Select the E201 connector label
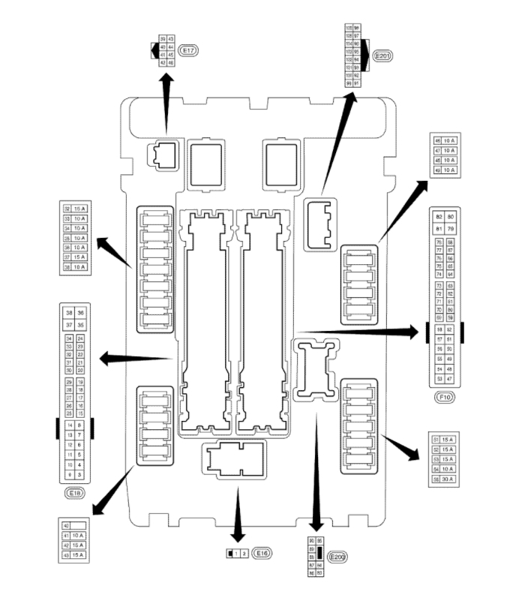[x=386, y=55]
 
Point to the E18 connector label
[x=74, y=493]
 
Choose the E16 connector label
[x=262, y=553]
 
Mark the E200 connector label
[x=337, y=557]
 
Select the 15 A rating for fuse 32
[x=80, y=209]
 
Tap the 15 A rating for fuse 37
[x=80, y=257]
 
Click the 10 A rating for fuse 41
[x=79, y=536]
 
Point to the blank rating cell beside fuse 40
[x=79, y=526]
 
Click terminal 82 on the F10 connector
[x=439, y=217]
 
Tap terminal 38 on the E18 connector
[x=69, y=314]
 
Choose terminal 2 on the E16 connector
[x=244, y=554]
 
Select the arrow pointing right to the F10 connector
[x=360, y=331]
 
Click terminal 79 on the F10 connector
[x=451, y=228]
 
